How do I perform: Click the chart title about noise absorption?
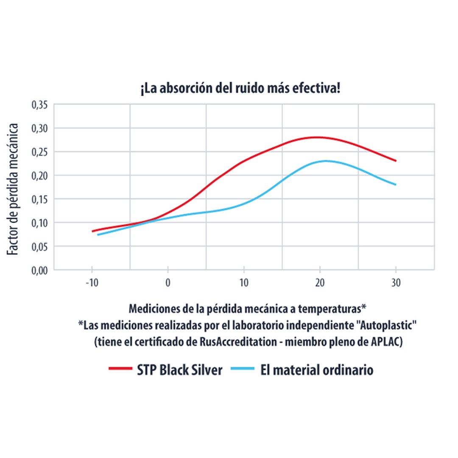point(240,90)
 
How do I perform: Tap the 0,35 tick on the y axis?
point(40,105)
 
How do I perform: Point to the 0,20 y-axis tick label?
point(40,176)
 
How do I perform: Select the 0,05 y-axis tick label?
point(40,246)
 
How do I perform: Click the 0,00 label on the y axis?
point(40,270)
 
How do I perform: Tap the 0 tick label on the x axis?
point(168,283)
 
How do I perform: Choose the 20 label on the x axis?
point(320,283)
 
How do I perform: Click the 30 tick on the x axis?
point(396,283)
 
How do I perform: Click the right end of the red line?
point(395,161)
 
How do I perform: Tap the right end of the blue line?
point(395,184)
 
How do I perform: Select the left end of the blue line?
point(98,235)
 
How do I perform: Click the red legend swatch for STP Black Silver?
point(120,369)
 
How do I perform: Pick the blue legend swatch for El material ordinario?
point(243,369)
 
